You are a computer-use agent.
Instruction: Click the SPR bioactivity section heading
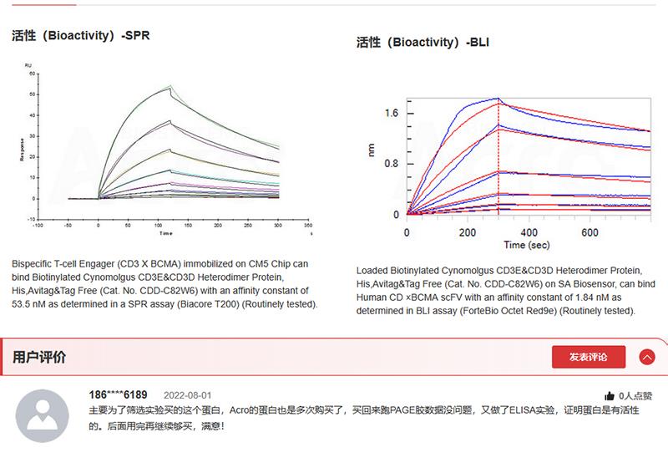[x=81, y=36]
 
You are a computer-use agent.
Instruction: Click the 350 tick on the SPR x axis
[x=307, y=225]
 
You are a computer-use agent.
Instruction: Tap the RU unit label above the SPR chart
[x=28, y=65]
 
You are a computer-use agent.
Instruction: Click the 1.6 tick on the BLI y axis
[x=392, y=113]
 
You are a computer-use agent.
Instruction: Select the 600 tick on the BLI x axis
[x=590, y=231]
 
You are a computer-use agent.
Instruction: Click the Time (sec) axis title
[x=526, y=245]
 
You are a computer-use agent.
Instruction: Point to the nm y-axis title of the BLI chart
[x=372, y=150]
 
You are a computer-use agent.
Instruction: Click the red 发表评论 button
[x=588, y=357]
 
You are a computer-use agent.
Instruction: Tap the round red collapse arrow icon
[x=647, y=357]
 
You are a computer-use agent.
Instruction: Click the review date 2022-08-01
[x=188, y=395]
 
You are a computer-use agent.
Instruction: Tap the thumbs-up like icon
[x=610, y=396]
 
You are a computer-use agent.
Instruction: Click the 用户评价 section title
[x=39, y=358]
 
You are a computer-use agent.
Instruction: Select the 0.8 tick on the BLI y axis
[x=392, y=164]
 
